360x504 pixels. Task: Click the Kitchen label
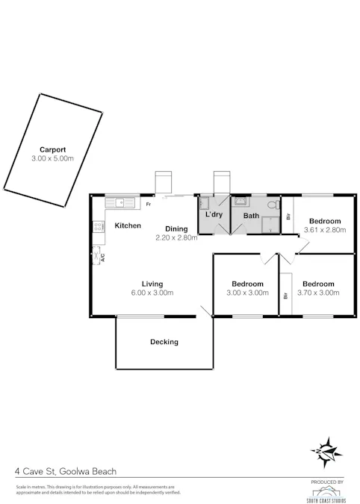click(x=128, y=225)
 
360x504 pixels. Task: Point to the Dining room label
click(x=176, y=228)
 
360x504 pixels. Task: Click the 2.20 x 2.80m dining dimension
click(x=176, y=237)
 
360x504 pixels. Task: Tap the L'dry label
click(x=214, y=215)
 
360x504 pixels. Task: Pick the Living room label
click(x=152, y=284)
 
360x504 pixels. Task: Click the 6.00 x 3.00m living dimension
click(x=153, y=293)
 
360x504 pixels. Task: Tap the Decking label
click(x=164, y=342)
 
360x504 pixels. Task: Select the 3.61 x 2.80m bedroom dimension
click(x=325, y=230)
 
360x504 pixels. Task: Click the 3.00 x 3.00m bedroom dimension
click(x=246, y=293)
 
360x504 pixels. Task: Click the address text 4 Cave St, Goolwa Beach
click(x=66, y=471)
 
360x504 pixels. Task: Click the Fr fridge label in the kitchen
click(x=149, y=204)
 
